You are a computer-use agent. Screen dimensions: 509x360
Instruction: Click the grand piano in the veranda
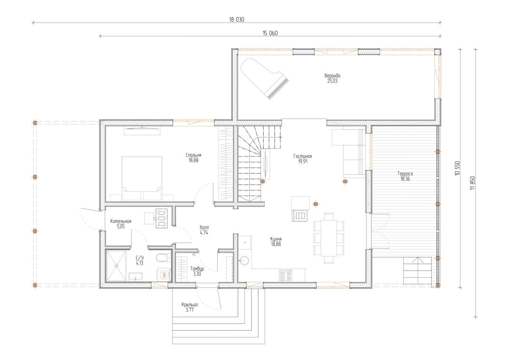pyautogui.click(x=263, y=77)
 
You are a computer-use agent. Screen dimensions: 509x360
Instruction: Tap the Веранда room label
pyautogui.click(x=332, y=75)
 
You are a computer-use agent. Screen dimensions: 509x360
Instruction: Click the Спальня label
pyautogui.click(x=193, y=155)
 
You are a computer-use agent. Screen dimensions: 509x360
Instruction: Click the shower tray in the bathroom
pyautogui.click(x=116, y=266)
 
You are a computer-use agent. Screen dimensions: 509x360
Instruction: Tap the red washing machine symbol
pyautogui.click(x=164, y=275)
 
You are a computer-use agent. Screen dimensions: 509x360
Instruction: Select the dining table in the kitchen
pyautogui.click(x=329, y=238)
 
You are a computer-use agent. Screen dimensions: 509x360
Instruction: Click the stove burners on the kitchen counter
pyautogui.click(x=285, y=275)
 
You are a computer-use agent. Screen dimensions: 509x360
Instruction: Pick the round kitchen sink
pyautogui.click(x=244, y=260)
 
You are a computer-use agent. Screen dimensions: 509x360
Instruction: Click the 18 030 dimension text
pyautogui.click(x=237, y=20)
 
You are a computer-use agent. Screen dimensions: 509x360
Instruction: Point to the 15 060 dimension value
pyautogui.click(x=270, y=33)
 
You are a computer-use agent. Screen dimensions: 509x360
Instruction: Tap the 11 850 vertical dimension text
pyautogui.click(x=473, y=183)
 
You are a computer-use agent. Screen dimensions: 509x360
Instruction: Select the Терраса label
pyautogui.click(x=405, y=174)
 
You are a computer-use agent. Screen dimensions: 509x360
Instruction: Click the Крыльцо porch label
pyautogui.click(x=190, y=304)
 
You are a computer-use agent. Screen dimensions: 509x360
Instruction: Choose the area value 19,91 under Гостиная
pyautogui.click(x=303, y=162)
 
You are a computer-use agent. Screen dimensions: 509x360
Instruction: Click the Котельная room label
pyautogui.click(x=120, y=221)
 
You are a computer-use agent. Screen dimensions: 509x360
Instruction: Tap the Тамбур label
pyautogui.click(x=197, y=269)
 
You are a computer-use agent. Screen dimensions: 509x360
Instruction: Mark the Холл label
pyautogui.click(x=204, y=227)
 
